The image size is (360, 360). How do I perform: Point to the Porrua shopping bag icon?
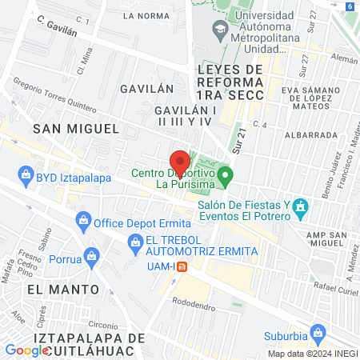[93, 258]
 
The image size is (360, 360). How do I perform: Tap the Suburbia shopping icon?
[318, 330]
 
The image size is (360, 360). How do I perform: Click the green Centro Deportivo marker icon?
[226, 174]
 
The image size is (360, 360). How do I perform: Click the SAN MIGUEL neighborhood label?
[75, 128]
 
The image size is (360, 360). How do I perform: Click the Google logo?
[26, 350]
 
